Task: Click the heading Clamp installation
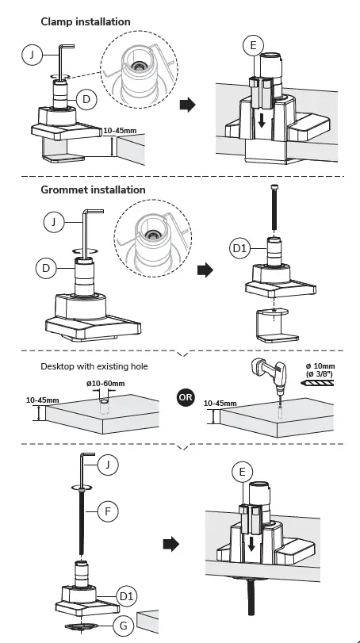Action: coord(86,21)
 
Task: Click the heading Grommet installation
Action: coord(93,189)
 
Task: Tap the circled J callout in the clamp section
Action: coord(32,55)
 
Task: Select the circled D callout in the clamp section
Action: coord(86,100)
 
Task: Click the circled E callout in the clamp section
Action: coord(253,45)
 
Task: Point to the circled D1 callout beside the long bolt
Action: coord(239,248)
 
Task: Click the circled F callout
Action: coord(108,511)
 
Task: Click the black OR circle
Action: coord(186,397)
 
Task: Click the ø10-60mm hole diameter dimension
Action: coord(105,384)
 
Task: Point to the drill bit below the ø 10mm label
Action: coord(317,383)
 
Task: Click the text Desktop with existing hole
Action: coord(94,366)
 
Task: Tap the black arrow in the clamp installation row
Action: coord(188,105)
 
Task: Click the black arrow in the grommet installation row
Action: coord(205,270)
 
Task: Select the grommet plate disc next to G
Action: coord(82,626)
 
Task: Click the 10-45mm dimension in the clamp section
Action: coord(120,131)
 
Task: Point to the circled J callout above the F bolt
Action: coord(108,465)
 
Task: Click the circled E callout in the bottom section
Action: coord(242,472)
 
